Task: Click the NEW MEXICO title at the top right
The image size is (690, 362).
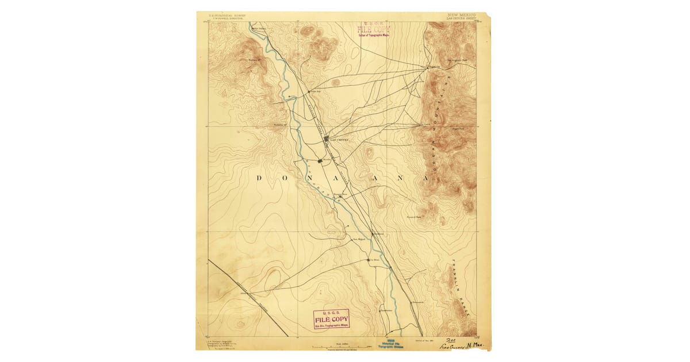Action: pyautogui.click(x=462, y=14)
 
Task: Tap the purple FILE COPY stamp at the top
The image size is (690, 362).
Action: pyautogui.click(x=374, y=30)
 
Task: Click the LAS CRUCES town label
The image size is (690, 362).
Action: pyautogui.click(x=339, y=139)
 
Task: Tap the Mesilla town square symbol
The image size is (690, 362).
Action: pyautogui.click(x=320, y=160)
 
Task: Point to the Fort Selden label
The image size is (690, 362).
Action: pyautogui.click(x=259, y=28)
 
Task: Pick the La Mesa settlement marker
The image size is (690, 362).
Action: pyautogui.click(x=369, y=260)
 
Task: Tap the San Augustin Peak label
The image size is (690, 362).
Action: pyautogui.click(x=457, y=60)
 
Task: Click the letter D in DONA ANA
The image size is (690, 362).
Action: pyautogui.click(x=259, y=178)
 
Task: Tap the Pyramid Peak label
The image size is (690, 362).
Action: pyautogui.click(x=415, y=217)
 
